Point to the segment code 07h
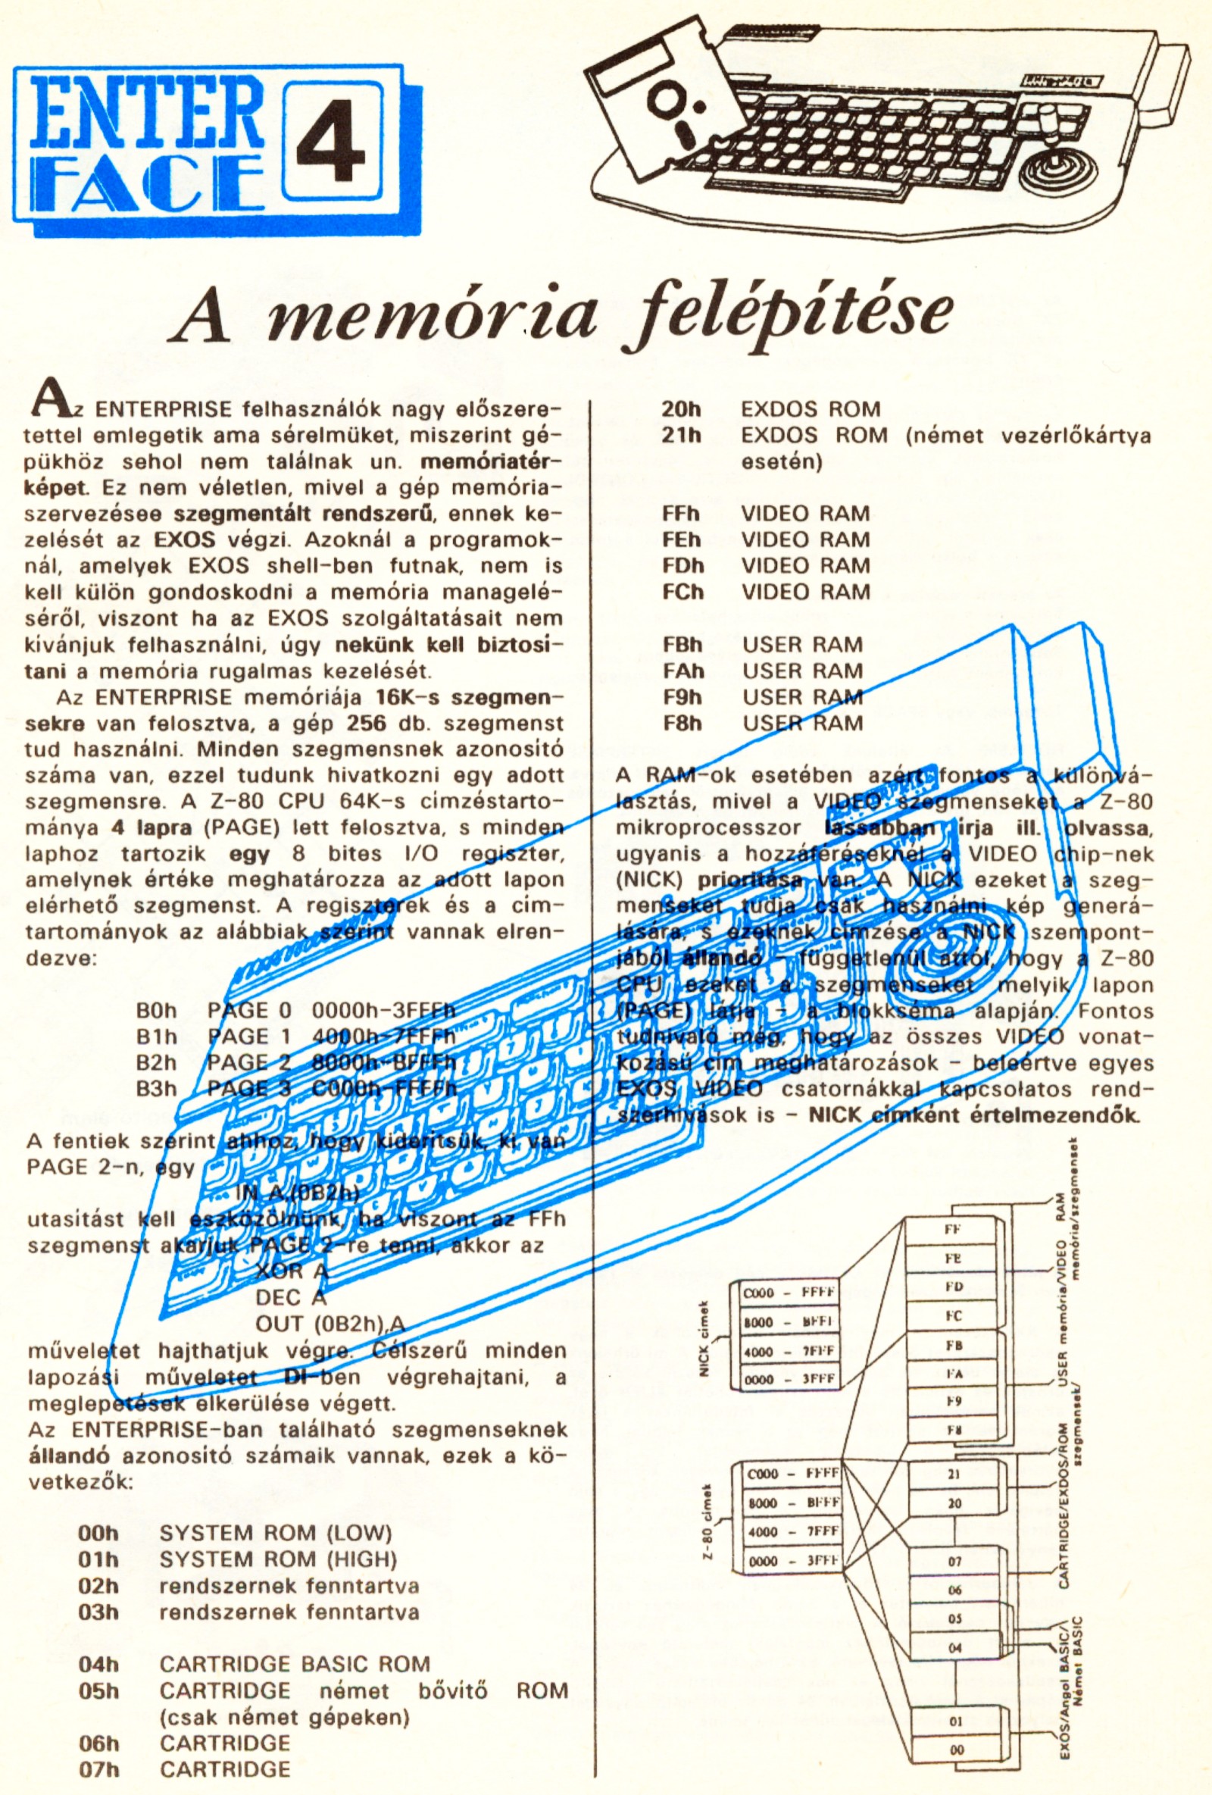[98, 1768]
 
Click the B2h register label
[156, 1062]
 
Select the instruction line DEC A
[290, 1297]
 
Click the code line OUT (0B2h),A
[330, 1323]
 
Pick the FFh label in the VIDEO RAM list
[681, 514]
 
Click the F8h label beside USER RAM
[683, 724]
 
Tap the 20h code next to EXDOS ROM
[681, 408]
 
